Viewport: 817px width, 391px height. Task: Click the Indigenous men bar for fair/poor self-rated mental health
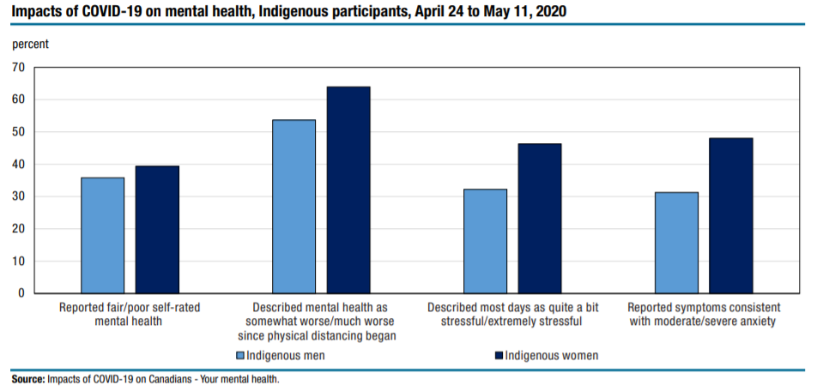[x=103, y=236]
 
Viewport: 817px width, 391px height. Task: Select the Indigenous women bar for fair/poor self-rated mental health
[x=157, y=230]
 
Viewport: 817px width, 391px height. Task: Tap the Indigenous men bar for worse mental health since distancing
[x=294, y=207]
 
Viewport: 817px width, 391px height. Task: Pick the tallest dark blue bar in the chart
[x=348, y=190]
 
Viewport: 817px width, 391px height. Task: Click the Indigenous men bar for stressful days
[x=485, y=241]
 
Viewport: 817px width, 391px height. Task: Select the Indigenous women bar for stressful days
[x=540, y=219]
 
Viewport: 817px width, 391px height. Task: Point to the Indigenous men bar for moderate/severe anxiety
[x=676, y=243]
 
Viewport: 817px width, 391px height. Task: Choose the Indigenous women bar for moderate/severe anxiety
[x=731, y=216]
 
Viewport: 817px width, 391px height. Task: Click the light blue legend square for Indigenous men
[x=240, y=355]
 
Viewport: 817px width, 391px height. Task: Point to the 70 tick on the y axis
[x=18, y=67]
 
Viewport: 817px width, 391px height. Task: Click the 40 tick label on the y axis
[x=18, y=165]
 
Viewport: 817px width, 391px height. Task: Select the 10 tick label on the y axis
[x=18, y=262]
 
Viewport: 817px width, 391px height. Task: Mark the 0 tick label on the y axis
[x=21, y=294]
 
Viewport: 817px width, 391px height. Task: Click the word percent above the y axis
[x=30, y=44]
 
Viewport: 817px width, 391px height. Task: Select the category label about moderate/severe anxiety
[x=703, y=314]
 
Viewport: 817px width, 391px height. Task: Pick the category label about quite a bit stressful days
[x=511, y=314]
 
